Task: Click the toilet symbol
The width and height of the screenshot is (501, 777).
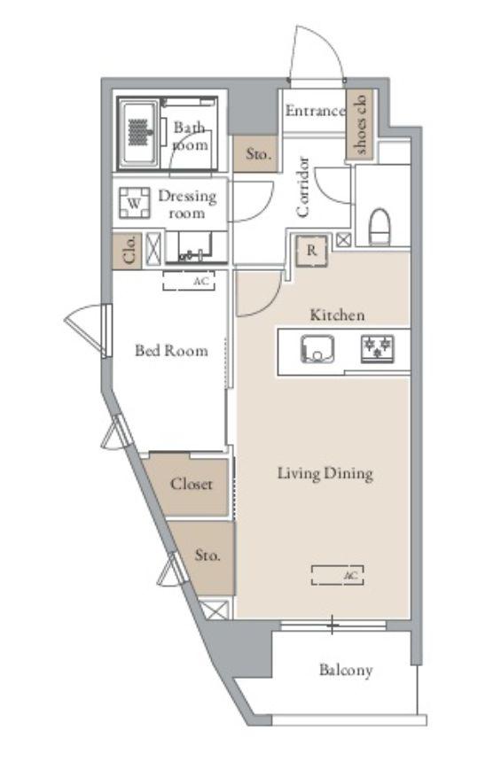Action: tap(380, 227)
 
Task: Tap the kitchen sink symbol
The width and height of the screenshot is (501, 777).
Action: tap(317, 349)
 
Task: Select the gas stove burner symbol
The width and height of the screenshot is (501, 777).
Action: tap(378, 349)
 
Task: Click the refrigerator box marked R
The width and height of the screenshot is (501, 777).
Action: tap(311, 251)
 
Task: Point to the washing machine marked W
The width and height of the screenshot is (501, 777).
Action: tap(134, 203)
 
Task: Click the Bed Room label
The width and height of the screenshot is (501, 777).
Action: tap(171, 351)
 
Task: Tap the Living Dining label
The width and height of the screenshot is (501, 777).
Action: tap(325, 474)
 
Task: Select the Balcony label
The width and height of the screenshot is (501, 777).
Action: tap(346, 671)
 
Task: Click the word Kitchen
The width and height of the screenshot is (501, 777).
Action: tap(337, 315)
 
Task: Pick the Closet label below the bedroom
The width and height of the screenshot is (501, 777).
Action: tap(191, 484)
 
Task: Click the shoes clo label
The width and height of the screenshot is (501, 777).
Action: tap(361, 124)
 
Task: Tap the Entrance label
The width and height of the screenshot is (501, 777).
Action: tap(315, 111)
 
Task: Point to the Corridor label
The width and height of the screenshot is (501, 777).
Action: tap(302, 187)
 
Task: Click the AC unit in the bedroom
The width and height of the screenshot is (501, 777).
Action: tap(189, 281)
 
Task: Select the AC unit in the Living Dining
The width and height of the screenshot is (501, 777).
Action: tap(337, 575)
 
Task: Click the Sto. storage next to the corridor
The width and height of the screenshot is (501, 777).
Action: tap(258, 154)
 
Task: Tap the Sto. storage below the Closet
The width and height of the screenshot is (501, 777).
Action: tap(207, 556)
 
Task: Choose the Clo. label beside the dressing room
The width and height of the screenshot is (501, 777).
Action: tap(129, 251)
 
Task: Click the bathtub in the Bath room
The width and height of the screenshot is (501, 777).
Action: tap(139, 133)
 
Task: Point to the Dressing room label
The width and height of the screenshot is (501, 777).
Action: tap(187, 204)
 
